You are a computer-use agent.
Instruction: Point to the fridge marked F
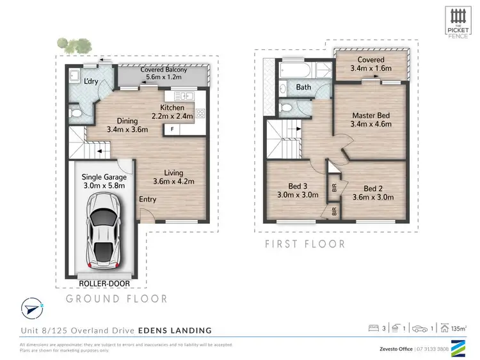(x=172, y=129)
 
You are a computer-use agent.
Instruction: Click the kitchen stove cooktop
(x=199, y=114)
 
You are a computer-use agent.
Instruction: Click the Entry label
(x=148, y=200)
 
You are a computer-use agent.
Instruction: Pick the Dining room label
(x=127, y=120)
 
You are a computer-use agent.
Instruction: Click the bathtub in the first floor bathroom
(x=298, y=69)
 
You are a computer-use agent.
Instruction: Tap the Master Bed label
(x=371, y=116)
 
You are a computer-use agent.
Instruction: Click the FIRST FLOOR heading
(x=305, y=244)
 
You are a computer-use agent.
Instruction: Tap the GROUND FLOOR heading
(x=117, y=299)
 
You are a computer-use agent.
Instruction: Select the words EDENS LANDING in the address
(x=181, y=331)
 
